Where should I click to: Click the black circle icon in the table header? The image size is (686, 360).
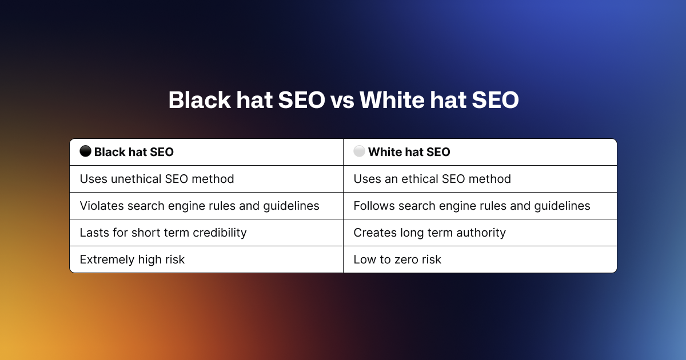(x=85, y=151)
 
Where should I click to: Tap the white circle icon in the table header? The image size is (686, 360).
(x=359, y=151)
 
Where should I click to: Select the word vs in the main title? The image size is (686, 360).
(x=341, y=101)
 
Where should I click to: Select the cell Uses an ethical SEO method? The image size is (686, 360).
(x=432, y=179)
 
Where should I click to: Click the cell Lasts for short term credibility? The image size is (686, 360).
(x=163, y=233)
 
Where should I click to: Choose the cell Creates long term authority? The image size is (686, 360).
(x=429, y=233)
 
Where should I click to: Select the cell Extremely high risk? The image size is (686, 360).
(x=132, y=259)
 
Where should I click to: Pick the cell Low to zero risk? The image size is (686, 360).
(x=397, y=259)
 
